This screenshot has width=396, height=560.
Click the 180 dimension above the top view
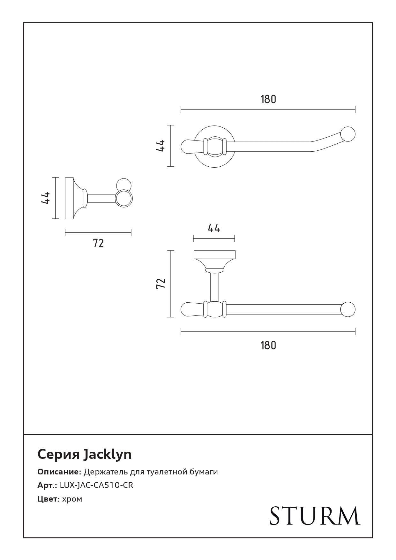268,99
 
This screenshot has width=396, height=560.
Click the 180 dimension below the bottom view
268,345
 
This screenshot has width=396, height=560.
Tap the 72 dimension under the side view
98,243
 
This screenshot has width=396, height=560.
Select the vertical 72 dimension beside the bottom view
161,284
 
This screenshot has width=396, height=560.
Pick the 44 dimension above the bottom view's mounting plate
214,228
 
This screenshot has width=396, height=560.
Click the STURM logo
315,516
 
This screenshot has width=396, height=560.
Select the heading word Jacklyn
108,454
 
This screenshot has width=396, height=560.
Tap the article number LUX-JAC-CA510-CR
96,485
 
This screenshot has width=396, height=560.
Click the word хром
72,499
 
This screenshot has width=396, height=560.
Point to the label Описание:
59,472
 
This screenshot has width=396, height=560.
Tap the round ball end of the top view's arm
348,134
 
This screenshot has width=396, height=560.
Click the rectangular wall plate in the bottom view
214,254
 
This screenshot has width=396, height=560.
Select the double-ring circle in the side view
123,198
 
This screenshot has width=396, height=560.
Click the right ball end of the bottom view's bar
348,309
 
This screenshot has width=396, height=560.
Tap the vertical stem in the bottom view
214,287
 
